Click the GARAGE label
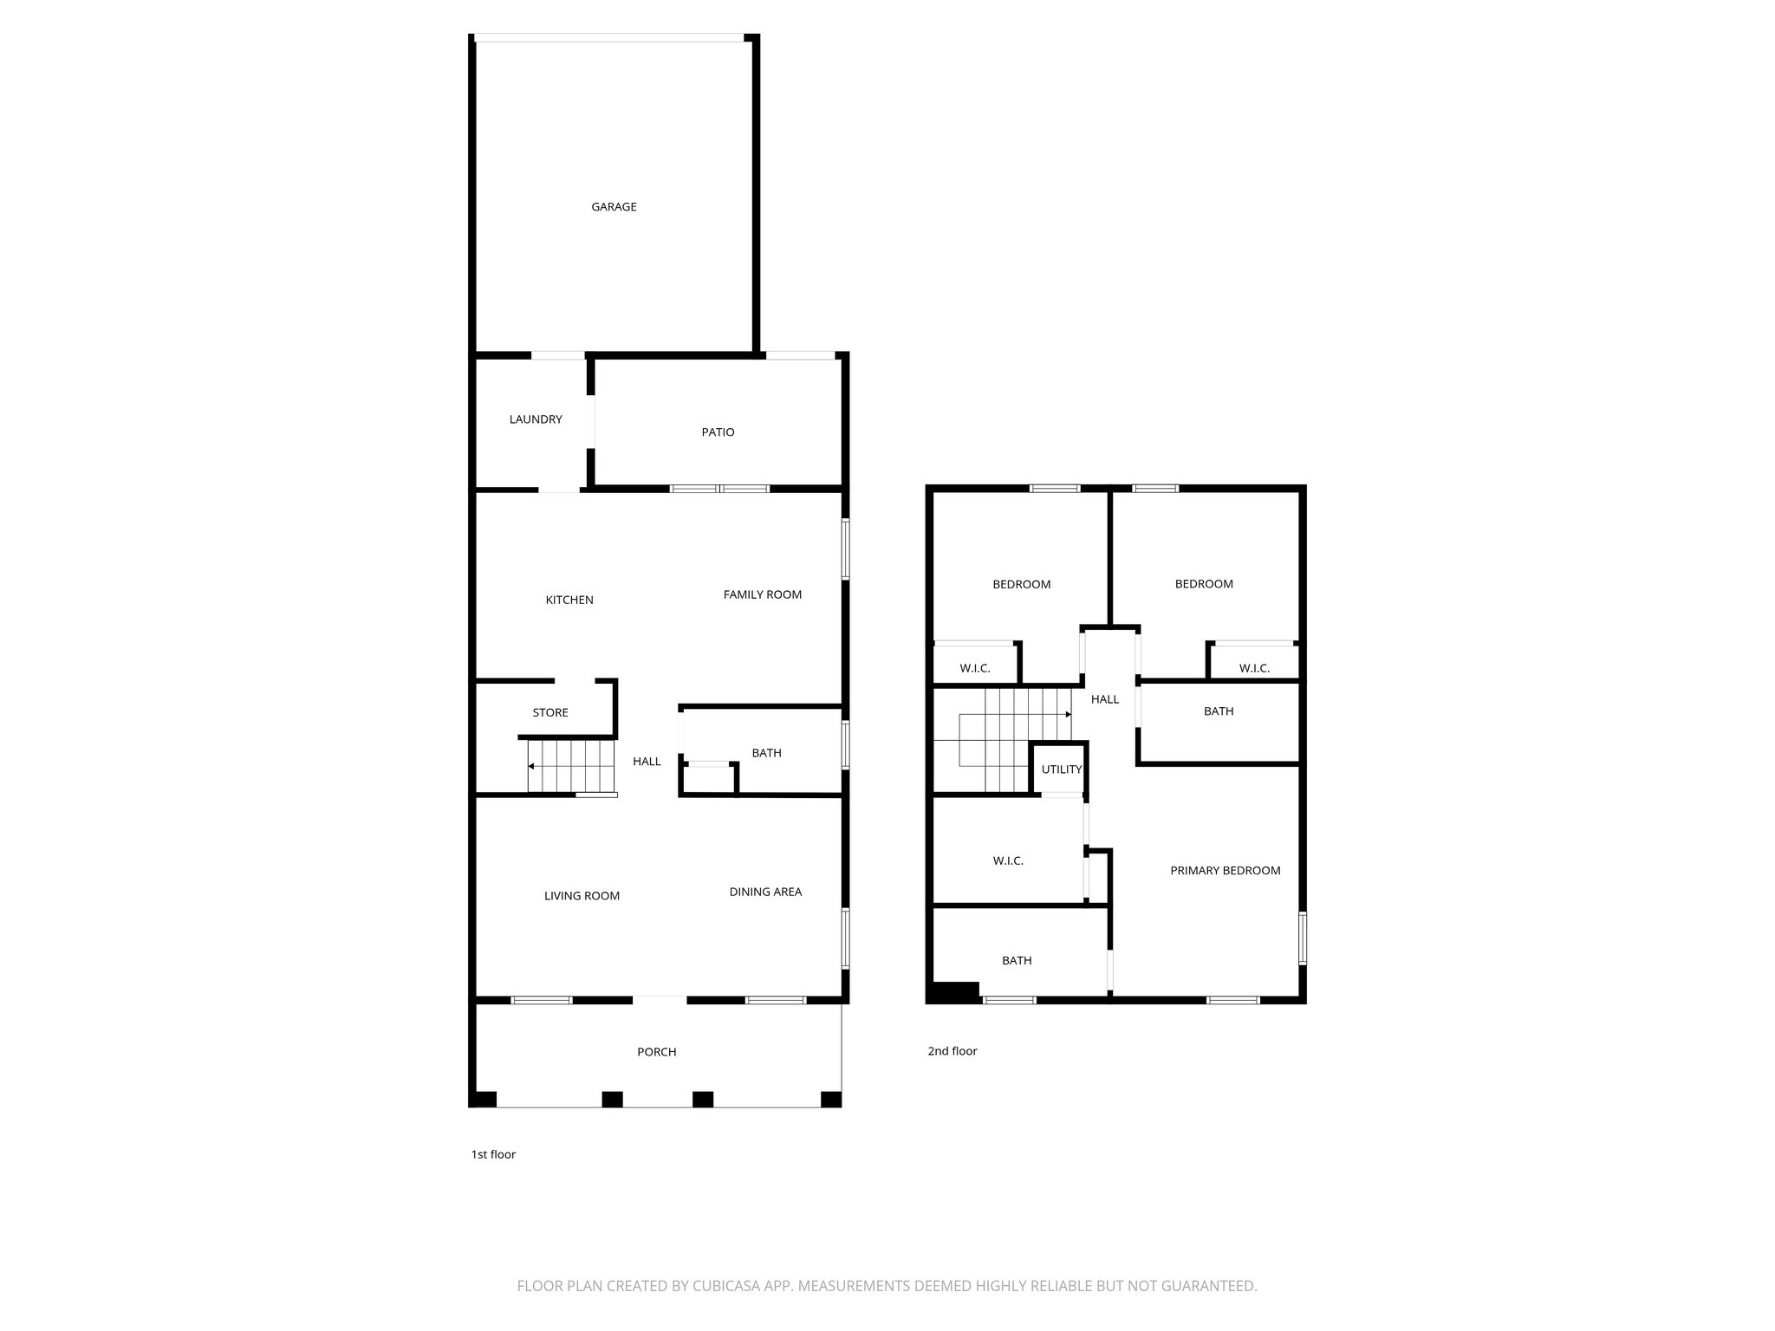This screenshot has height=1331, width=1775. (x=614, y=207)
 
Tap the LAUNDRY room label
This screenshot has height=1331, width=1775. (x=536, y=419)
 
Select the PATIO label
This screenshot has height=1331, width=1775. (x=718, y=432)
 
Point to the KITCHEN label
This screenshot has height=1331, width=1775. (x=569, y=601)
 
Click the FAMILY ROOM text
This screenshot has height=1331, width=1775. (x=763, y=594)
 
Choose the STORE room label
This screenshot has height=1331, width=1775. (x=550, y=713)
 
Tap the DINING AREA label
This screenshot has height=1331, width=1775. (x=765, y=892)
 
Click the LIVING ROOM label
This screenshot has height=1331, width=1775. (x=582, y=896)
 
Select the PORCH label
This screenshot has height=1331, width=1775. (x=657, y=1052)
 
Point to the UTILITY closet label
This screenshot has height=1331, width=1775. (x=1062, y=769)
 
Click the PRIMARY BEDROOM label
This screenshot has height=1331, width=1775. (x=1226, y=871)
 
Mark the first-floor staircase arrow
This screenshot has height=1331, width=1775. (x=531, y=766)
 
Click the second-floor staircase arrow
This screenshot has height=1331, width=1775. (x=1069, y=715)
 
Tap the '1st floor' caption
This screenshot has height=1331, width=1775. (x=493, y=1154)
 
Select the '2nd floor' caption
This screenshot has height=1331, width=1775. (x=953, y=1051)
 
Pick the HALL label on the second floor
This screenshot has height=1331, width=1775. (x=1105, y=699)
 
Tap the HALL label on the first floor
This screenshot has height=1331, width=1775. (x=647, y=762)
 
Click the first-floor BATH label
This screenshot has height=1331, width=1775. (x=766, y=753)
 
